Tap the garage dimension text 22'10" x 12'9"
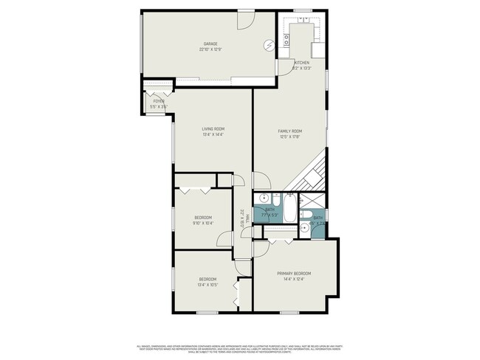pyautogui.click(x=210, y=50)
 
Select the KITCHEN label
pyautogui.click(x=302, y=63)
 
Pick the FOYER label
pyautogui.click(x=159, y=101)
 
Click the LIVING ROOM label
pyautogui.click(x=213, y=129)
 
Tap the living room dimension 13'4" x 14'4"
pyautogui.click(x=213, y=135)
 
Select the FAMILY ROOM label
pyautogui.click(x=290, y=131)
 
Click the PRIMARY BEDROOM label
pyautogui.click(x=293, y=273)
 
